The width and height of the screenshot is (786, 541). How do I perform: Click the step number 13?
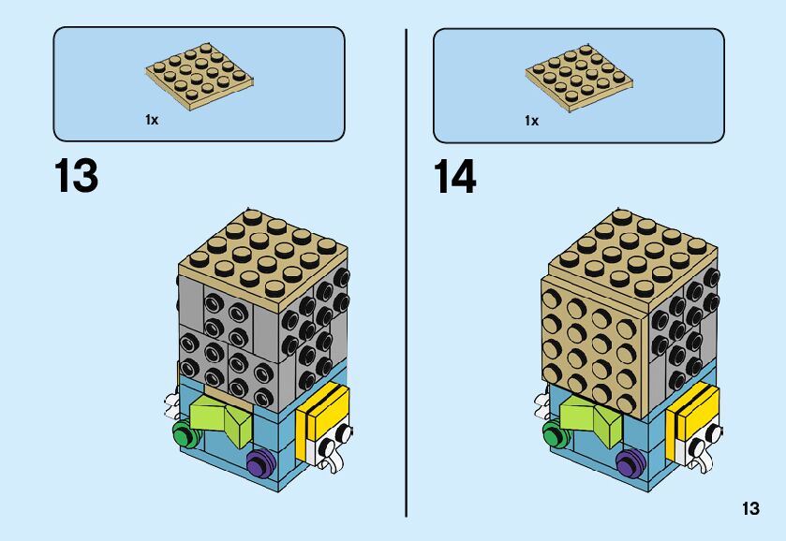coord(76,176)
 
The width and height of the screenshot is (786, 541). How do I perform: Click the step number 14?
coord(454,176)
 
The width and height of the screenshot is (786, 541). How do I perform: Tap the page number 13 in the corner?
coord(749,509)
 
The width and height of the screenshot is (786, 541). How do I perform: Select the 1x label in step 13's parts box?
coord(152,120)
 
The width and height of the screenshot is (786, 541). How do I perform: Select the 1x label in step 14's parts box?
coord(531,120)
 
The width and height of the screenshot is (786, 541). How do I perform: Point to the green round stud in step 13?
coord(183,433)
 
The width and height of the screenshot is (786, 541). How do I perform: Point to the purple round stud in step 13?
coord(256,461)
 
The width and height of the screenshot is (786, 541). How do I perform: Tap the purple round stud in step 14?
coord(630,461)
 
